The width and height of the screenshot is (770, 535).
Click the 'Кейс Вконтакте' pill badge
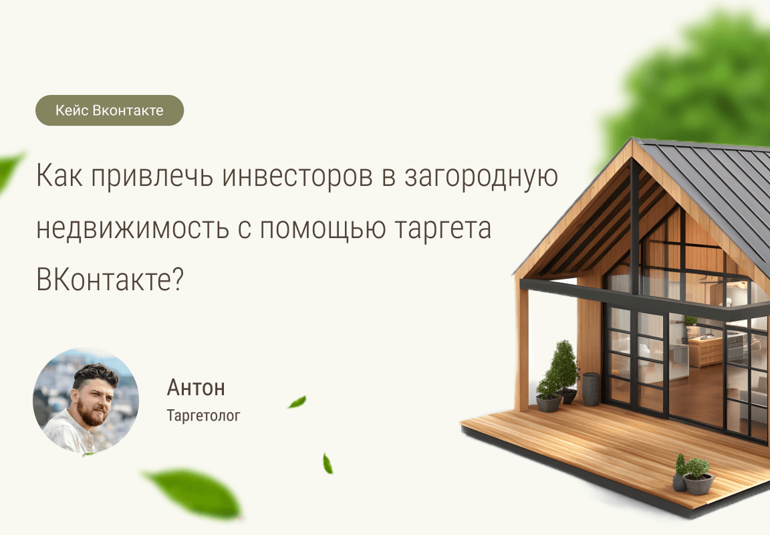click(x=109, y=110)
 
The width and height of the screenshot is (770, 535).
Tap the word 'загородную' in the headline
click(x=481, y=177)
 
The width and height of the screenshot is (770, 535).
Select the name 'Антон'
click(x=196, y=387)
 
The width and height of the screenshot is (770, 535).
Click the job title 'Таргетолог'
click(x=203, y=416)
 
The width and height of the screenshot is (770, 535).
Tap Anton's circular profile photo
click(x=86, y=401)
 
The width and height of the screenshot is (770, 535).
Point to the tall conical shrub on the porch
click(x=565, y=364)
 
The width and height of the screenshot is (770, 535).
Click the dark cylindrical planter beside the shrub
click(x=591, y=389)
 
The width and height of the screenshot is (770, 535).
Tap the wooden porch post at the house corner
click(x=522, y=348)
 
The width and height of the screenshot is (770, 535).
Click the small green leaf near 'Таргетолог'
click(x=297, y=402)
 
